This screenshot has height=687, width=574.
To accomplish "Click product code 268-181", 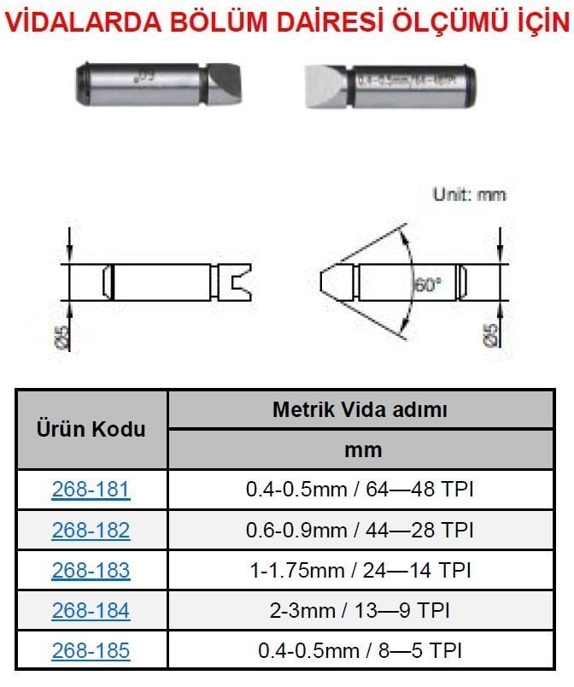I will (91, 490).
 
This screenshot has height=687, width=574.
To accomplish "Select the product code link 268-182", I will (91, 530).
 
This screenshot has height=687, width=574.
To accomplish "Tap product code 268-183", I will (91, 570).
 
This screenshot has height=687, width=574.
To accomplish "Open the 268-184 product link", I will (91, 610).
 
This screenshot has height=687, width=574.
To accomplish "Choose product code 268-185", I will (91, 650).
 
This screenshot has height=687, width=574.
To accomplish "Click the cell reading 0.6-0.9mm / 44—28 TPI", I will (360, 530).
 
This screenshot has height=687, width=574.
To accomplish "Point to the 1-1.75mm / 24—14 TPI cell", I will (360, 570).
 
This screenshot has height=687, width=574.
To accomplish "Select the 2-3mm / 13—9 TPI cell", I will (360, 610).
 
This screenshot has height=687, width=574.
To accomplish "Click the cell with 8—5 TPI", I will (360, 650).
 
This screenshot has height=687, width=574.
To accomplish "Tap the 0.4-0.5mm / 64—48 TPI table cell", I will (360, 490).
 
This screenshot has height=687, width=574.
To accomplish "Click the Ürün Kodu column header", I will (91, 429).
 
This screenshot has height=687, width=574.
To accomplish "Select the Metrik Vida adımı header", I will (360, 409).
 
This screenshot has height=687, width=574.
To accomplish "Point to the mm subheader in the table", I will (360, 449).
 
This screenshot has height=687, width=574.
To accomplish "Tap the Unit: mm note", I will (469, 194).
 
